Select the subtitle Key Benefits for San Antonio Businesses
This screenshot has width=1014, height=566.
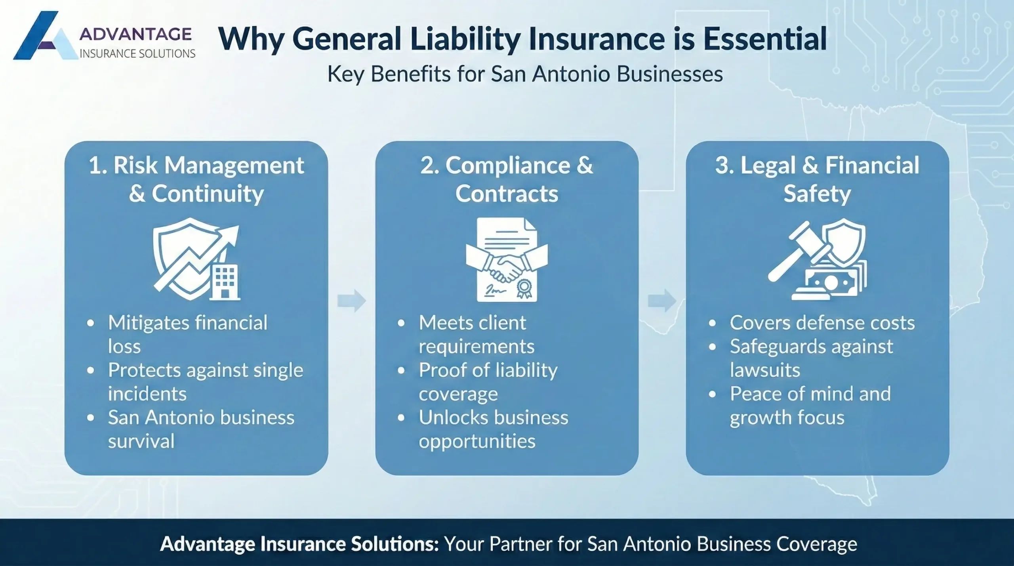(525, 74)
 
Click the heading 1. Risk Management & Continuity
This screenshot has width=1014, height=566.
(196, 179)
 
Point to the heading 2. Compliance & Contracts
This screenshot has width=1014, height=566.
(507, 179)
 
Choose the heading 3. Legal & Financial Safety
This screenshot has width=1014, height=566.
(817, 179)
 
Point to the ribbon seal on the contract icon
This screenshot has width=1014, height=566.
(526, 287)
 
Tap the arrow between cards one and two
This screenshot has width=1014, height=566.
(351, 301)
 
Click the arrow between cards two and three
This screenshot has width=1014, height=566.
(662, 301)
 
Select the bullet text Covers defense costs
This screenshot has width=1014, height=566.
(822, 323)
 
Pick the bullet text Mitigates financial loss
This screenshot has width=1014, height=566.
(187, 334)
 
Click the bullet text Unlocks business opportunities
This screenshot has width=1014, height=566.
(493, 429)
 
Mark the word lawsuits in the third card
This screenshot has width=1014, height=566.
(765, 370)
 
